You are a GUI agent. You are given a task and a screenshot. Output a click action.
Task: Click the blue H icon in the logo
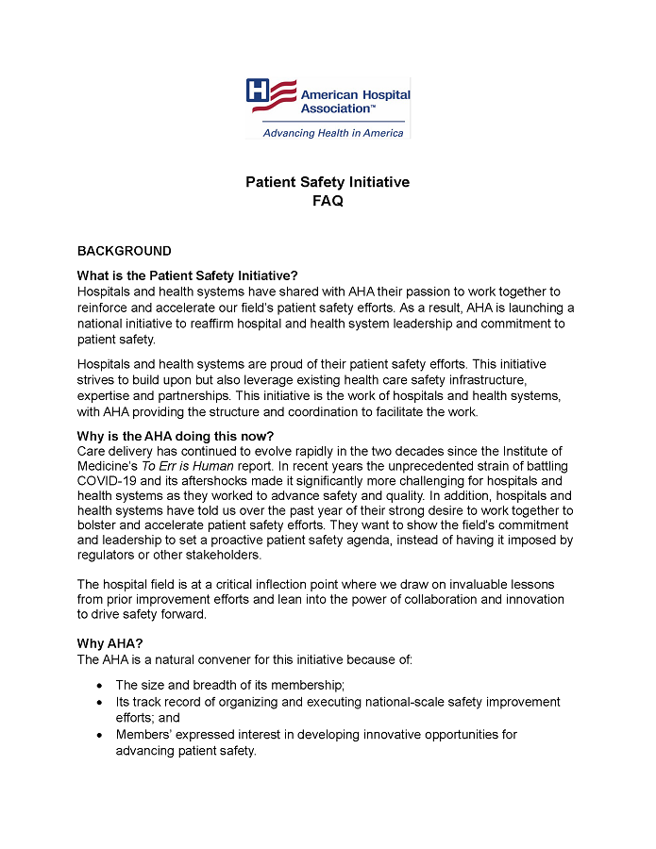[x=258, y=91]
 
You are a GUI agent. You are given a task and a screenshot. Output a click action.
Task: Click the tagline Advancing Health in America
[x=332, y=133]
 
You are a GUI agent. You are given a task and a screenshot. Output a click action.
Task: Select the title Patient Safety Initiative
[x=328, y=182]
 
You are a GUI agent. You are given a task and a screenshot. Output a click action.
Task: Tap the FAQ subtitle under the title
[x=328, y=201]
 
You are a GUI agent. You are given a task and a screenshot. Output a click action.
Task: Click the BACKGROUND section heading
[x=124, y=251]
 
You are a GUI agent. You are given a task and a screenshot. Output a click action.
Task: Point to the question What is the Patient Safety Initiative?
[x=187, y=275]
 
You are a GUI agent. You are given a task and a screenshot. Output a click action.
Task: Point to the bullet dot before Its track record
[x=101, y=703]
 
